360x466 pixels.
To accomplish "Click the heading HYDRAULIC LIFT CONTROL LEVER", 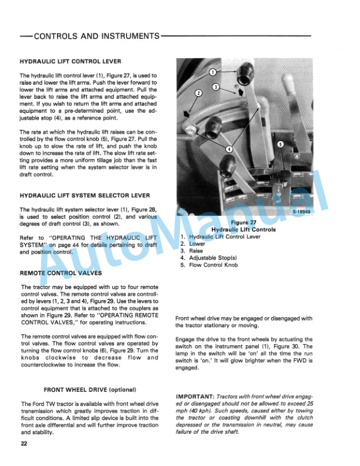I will click(x=71, y=62).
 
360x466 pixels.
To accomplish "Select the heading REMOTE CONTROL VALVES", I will click(x=60, y=274).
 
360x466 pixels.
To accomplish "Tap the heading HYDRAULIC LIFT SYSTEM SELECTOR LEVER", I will click(x=85, y=195).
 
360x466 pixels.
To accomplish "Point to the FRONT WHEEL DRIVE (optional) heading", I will click(x=90, y=390).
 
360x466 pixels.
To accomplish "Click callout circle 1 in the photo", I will click(x=213, y=72).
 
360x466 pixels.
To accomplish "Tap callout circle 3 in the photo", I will click(x=216, y=87).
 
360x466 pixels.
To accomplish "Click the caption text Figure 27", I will click(x=244, y=222).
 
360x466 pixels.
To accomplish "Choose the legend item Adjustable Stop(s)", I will click(x=216, y=258).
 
